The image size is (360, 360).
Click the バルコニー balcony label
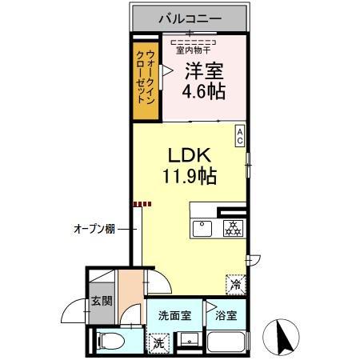(x=190, y=18)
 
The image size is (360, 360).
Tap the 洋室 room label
(x=204, y=71)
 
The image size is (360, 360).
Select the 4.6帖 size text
(x=204, y=92)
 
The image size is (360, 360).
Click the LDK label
(x=190, y=155)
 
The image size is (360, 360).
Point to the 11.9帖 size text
(x=190, y=176)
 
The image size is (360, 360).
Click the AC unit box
(x=240, y=136)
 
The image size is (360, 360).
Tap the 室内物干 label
(x=193, y=50)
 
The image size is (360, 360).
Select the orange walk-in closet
(x=146, y=81)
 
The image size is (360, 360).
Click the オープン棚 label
(x=94, y=229)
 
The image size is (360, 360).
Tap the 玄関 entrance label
(x=102, y=301)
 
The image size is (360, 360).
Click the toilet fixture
(x=111, y=342)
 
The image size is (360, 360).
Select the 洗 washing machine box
(x=159, y=343)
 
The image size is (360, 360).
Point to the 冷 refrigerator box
(x=236, y=285)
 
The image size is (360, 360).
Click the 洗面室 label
(x=174, y=316)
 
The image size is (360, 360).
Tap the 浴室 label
(x=226, y=316)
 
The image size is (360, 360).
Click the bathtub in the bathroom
(x=226, y=342)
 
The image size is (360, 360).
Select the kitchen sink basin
(x=202, y=229)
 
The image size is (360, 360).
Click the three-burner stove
(x=234, y=229)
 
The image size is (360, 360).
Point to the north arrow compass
(x=281, y=338)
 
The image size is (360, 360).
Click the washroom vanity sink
(x=189, y=339)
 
